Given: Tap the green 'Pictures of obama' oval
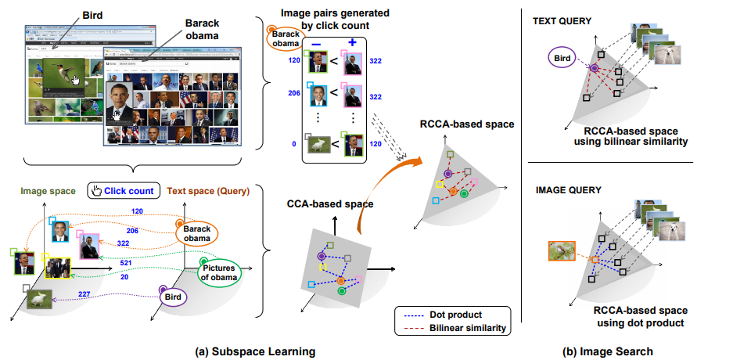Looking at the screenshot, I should coord(218,272).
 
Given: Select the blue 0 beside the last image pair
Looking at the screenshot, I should coord(293,145).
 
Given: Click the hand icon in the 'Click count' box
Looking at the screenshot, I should coord(95,189).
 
